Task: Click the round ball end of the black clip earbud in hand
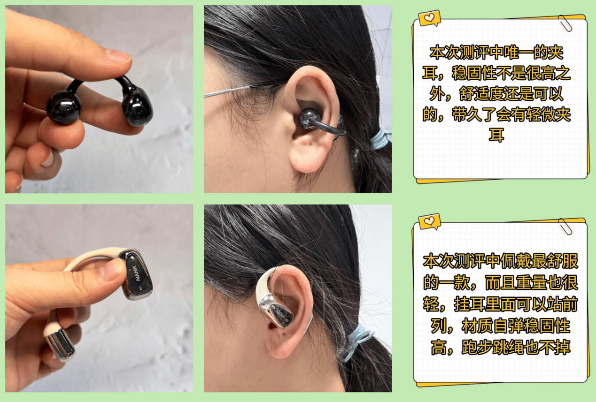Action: coord(63,107)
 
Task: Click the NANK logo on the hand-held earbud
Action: coord(138,273)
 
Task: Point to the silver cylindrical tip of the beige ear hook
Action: coord(60,344)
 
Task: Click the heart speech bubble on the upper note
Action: coord(429,18)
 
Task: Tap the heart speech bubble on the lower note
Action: coord(429,221)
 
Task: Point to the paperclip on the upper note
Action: coord(565,23)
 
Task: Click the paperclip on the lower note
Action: coord(565,227)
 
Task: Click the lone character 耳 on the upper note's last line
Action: coord(496,135)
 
